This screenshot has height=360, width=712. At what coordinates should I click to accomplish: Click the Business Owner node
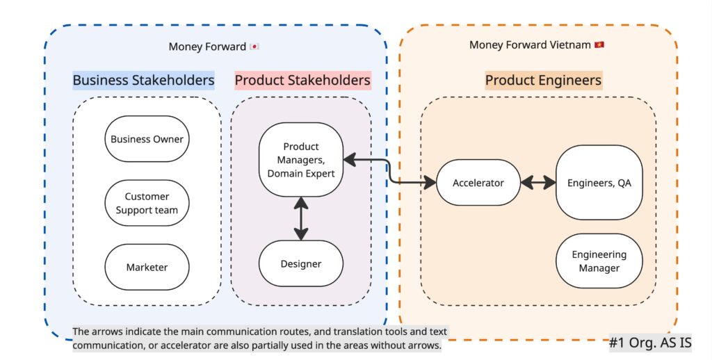(x=147, y=139)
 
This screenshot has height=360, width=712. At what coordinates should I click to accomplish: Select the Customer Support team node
(x=147, y=203)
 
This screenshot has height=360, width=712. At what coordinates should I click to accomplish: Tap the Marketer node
(x=147, y=267)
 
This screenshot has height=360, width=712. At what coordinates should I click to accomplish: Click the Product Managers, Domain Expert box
(x=301, y=160)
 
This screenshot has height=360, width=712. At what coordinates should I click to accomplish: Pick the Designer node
(x=301, y=263)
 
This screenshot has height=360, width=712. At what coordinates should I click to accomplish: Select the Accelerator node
(x=478, y=183)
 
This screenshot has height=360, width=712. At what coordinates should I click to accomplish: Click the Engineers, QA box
(x=599, y=183)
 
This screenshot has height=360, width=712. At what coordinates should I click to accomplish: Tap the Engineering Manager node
(x=599, y=261)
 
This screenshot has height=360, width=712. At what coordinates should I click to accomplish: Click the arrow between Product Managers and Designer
(x=301, y=218)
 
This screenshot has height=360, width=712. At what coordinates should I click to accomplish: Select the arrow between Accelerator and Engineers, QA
(x=539, y=183)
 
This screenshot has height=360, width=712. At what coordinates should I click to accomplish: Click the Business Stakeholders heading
(x=143, y=81)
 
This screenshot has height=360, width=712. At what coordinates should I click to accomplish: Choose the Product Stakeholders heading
(x=302, y=81)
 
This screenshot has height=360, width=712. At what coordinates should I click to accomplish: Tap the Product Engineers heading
(x=543, y=81)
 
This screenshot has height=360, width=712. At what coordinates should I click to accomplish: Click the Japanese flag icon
(x=254, y=47)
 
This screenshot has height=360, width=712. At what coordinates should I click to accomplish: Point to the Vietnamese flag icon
(x=599, y=45)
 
